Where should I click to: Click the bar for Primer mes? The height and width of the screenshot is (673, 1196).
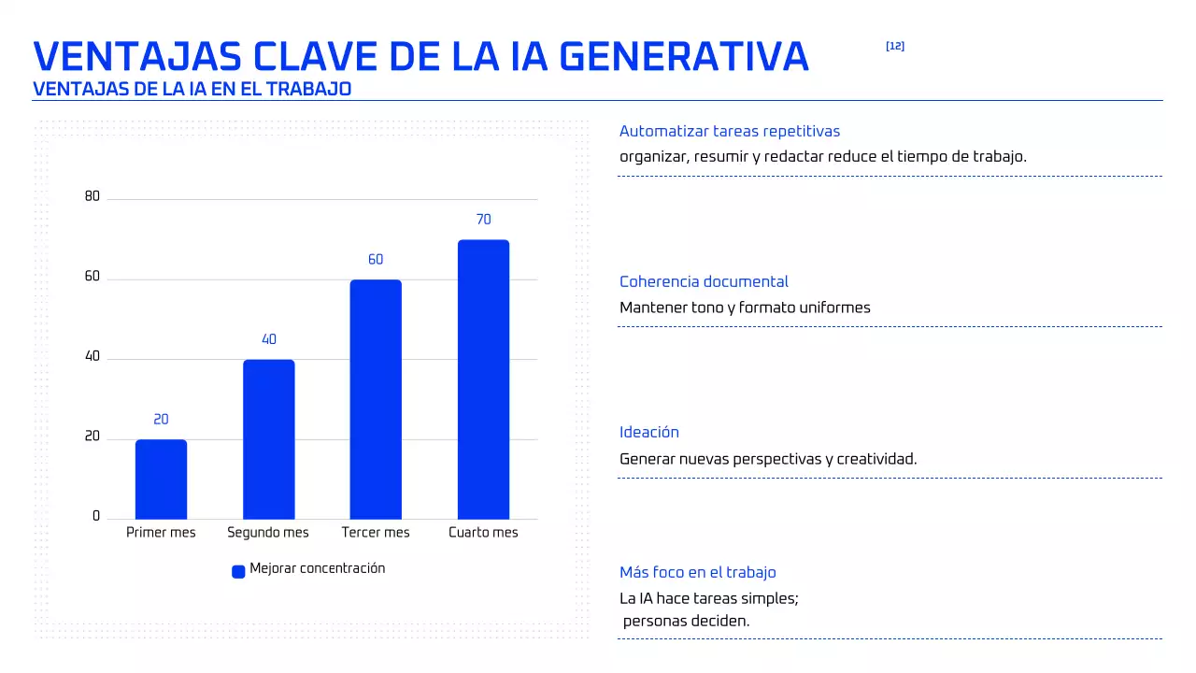click(x=161, y=479)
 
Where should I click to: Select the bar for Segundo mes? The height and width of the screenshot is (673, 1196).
click(x=268, y=439)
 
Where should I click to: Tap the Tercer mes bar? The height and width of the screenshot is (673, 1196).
click(x=376, y=399)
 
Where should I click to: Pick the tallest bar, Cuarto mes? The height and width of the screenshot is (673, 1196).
click(x=483, y=379)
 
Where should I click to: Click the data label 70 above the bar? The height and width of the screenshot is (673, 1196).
click(x=483, y=220)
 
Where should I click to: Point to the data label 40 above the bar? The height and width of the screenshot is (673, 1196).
click(x=269, y=340)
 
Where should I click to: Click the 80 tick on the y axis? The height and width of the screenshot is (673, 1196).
click(x=92, y=196)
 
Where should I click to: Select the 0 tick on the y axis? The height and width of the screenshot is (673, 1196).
click(x=95, y=516)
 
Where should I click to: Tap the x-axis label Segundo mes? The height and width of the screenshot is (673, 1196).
click(x=268, y=533)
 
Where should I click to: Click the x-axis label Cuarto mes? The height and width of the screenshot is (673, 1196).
click(x=483, y=533)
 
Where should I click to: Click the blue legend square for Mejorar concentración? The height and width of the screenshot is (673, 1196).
click(x=238, y=571)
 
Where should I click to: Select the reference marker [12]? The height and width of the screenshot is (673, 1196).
click(x=894, y=47)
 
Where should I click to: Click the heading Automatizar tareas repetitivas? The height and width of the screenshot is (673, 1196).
click(x=730, y=132)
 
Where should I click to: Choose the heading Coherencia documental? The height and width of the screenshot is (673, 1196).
click(x=704, y=282)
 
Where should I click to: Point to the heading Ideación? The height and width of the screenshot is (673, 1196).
click(x=649, y=433)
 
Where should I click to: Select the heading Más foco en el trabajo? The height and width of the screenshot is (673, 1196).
click(x=697, y=573)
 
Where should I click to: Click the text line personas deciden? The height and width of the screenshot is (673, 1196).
click(x=687, y=621)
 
